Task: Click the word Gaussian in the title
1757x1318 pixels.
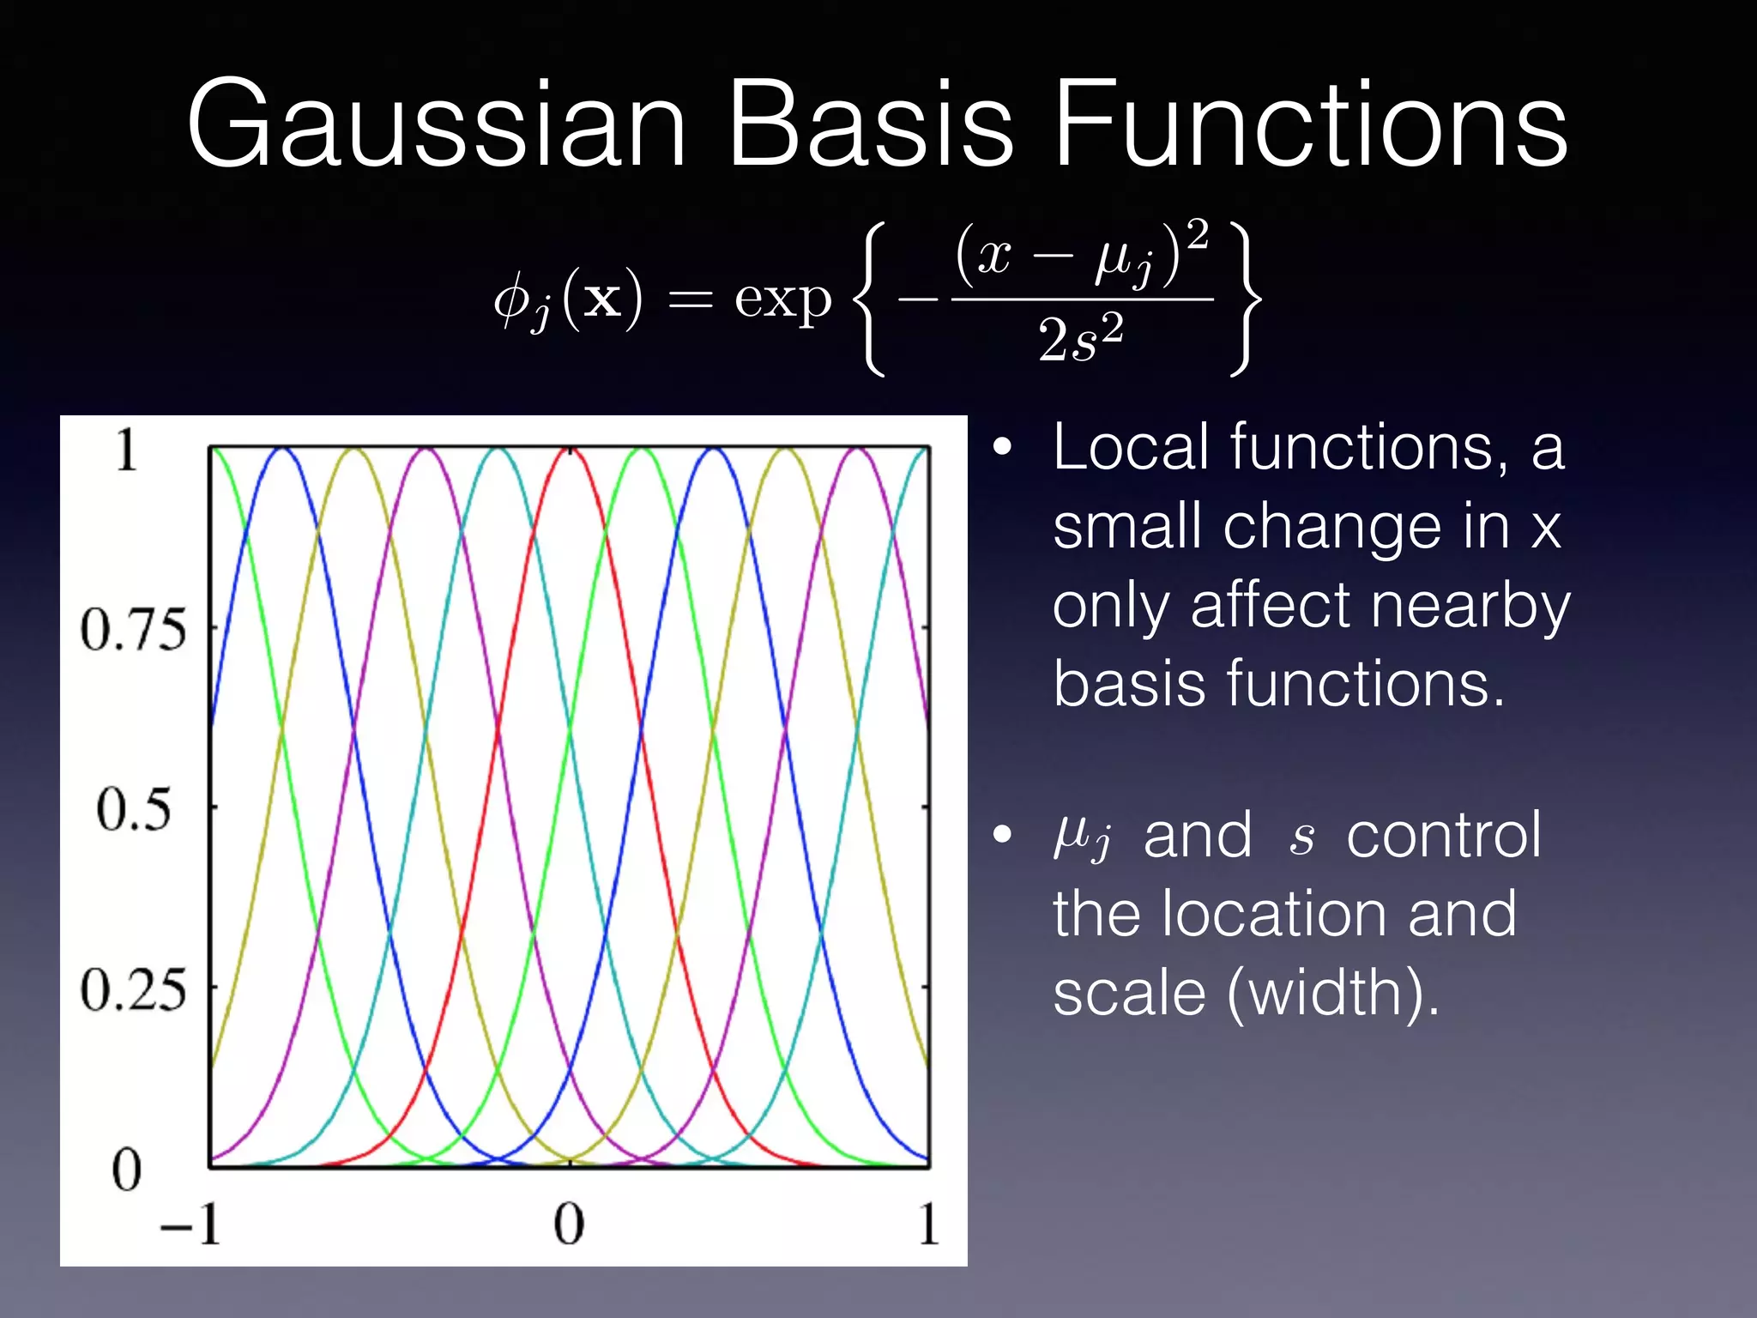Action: pos(436,124)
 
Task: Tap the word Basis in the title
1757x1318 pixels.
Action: pos(871,124)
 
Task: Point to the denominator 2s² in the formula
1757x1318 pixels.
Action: pos(1080,338)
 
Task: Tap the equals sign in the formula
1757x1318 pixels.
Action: pos(690,300)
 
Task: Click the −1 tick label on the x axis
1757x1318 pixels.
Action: pos(190,1224)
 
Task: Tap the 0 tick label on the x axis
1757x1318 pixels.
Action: pos(569,1224)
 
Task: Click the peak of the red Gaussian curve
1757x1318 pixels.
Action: pos(570,450)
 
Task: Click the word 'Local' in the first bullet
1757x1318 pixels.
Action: pos(1131,447)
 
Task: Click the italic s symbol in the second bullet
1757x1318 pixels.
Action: pos(1301,837)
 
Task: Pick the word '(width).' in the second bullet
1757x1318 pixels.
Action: pos(1333,993)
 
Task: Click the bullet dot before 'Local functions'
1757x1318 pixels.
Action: pos(1002,449)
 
